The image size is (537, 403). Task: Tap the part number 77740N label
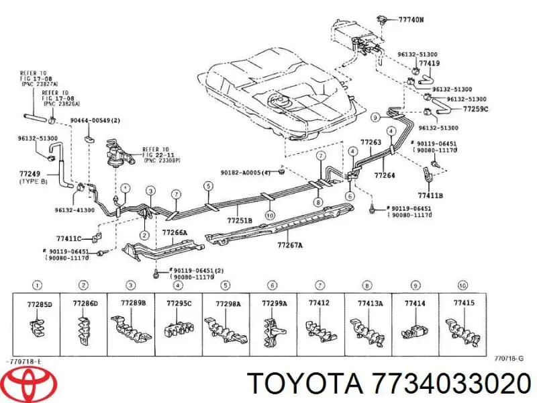[x=411, y=20]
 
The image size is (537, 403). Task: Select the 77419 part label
[x=430, y=64]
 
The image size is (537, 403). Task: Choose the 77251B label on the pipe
[x=239, y=220]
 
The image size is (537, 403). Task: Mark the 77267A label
[x=290, y=245]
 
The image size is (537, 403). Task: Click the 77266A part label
[x=175, y=232]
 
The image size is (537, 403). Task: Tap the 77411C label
[x=68, y=238]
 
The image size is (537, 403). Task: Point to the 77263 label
[x=371, y=142]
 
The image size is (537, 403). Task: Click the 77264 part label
[x=385, y=175]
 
